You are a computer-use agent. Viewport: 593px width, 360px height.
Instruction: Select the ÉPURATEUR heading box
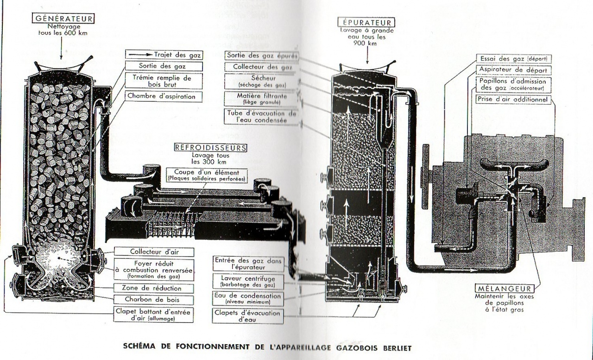(367, 22)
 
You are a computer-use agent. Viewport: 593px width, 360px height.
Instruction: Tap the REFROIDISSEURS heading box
(210, 148)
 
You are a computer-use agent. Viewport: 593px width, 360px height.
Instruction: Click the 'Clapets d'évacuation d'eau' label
(247, 316)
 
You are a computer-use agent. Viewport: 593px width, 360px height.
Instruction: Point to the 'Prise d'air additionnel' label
(513, 100)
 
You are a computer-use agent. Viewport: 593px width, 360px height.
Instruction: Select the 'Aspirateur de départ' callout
(513, 70)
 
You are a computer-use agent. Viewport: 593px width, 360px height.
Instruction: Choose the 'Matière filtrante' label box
(262, 97)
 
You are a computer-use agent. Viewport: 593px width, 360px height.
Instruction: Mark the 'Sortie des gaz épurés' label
(262, 55)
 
